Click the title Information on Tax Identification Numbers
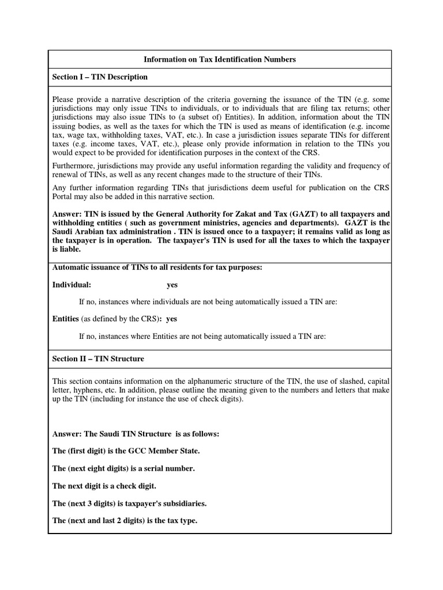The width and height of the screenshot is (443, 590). (x=219, y=59)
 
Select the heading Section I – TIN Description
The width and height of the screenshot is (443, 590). (x=100, y=77)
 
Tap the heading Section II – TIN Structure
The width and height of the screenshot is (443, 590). (x=98, y=358)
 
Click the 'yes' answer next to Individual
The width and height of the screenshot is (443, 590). (x=172, y=285)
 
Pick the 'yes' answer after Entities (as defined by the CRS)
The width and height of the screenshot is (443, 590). (x=171, y=319)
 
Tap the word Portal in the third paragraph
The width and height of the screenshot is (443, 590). (x=63, y=196)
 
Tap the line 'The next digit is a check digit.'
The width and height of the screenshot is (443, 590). (x=104, y=486)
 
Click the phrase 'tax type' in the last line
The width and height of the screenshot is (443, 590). (x=181, y=521)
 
